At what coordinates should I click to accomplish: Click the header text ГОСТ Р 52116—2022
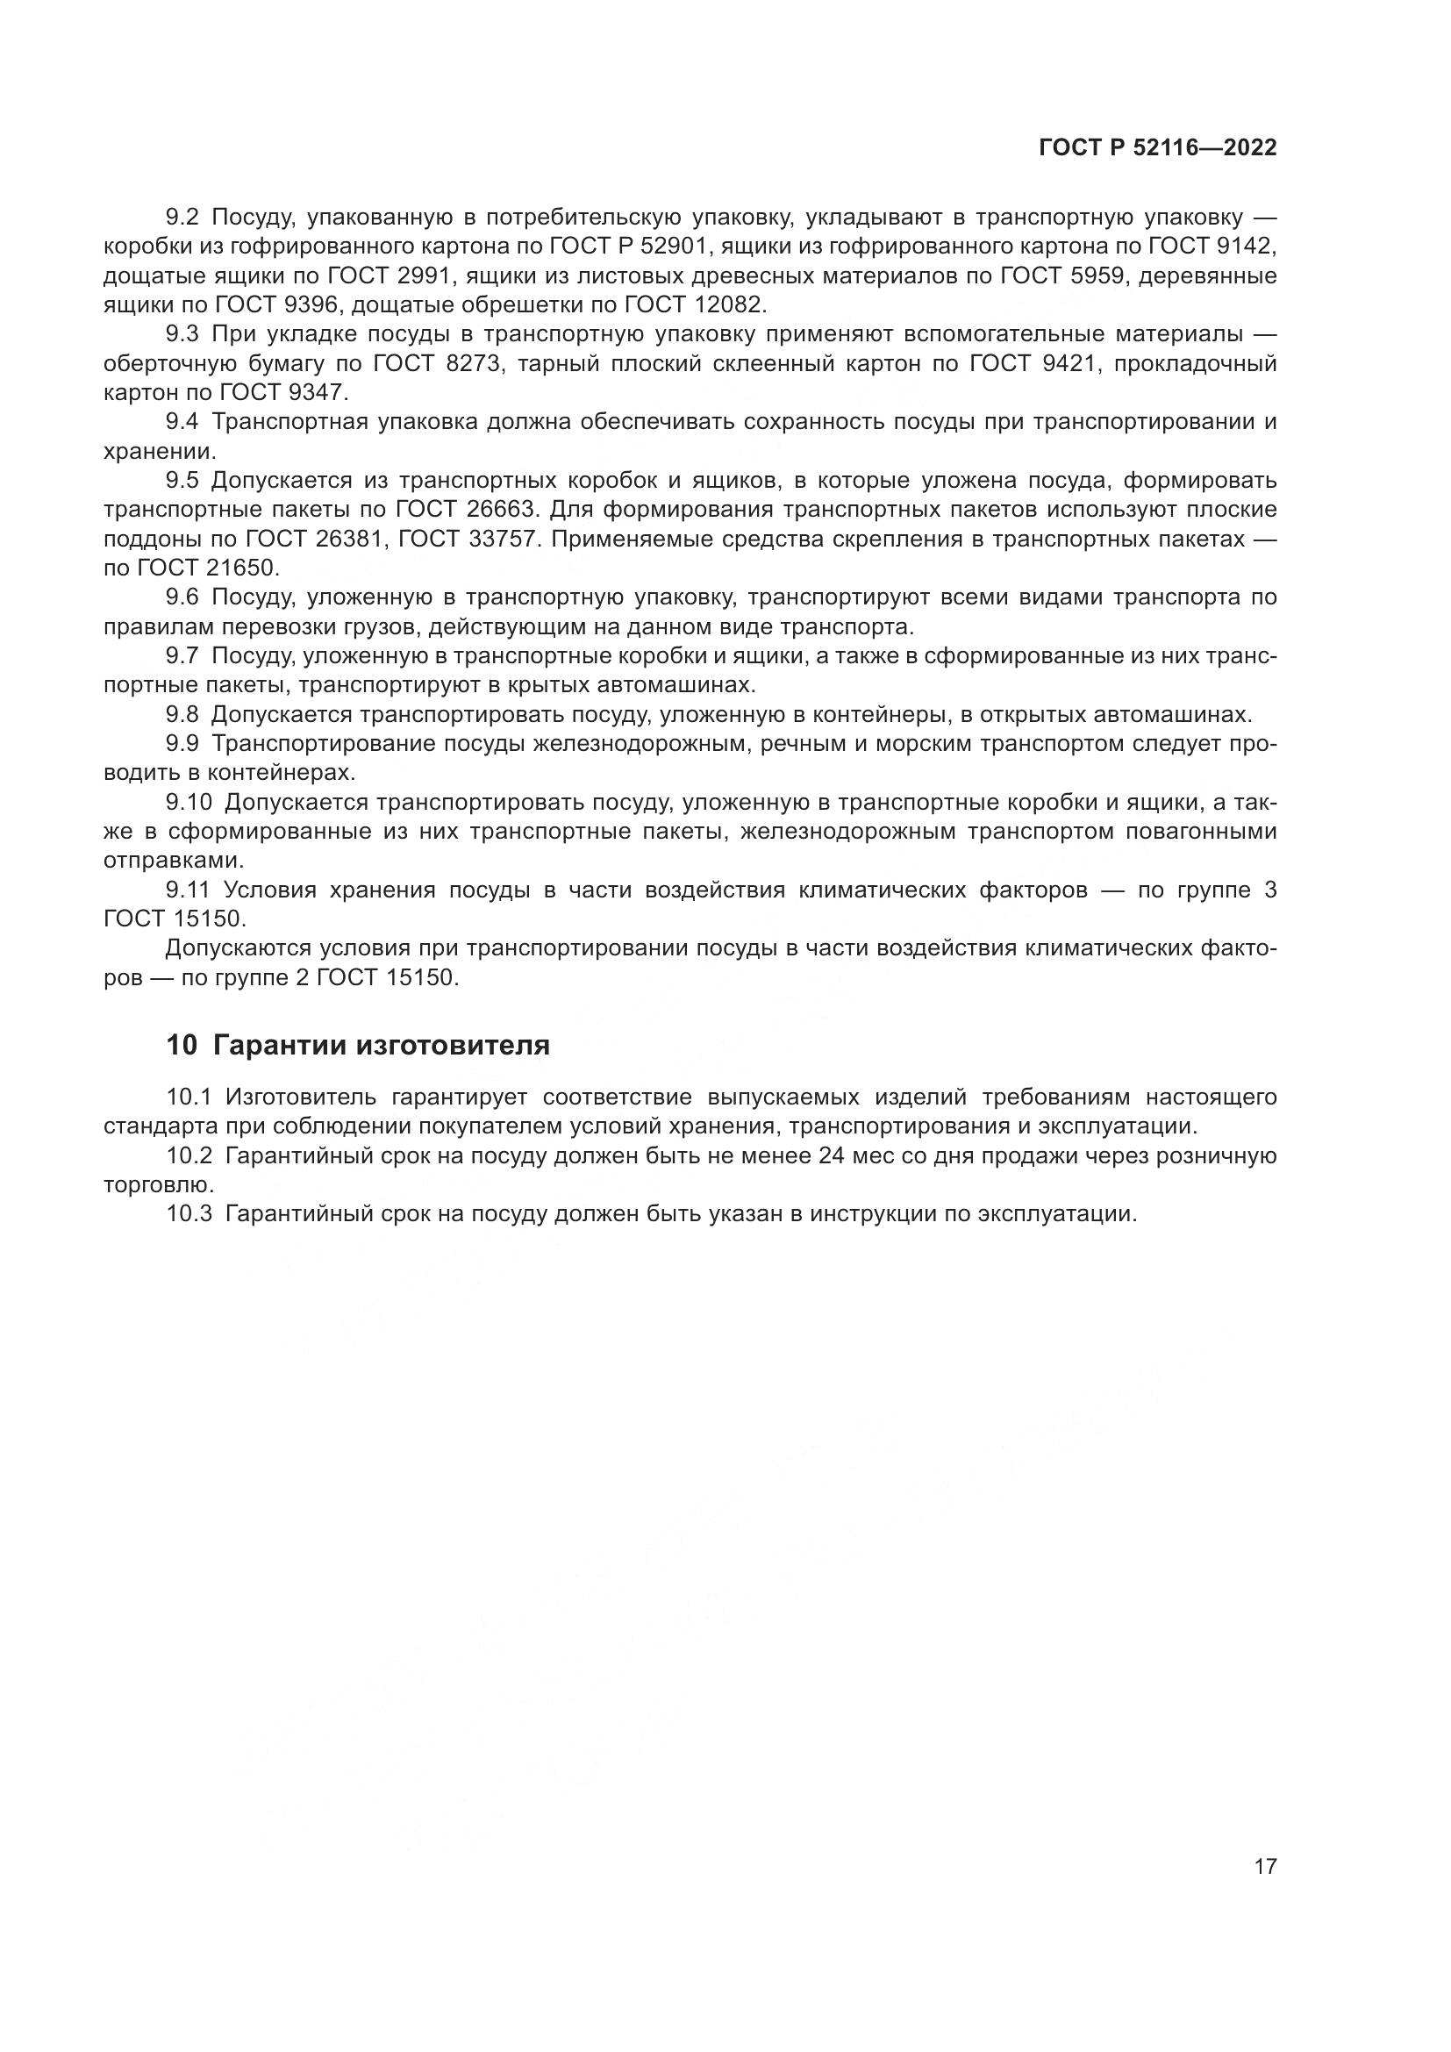click(x=1157, y=148)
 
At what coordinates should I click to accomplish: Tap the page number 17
click(x=1265, y=1867)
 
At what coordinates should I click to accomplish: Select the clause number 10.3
click(x=189, y=1214)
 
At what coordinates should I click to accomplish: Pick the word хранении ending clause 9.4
click(x=160, y=451)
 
